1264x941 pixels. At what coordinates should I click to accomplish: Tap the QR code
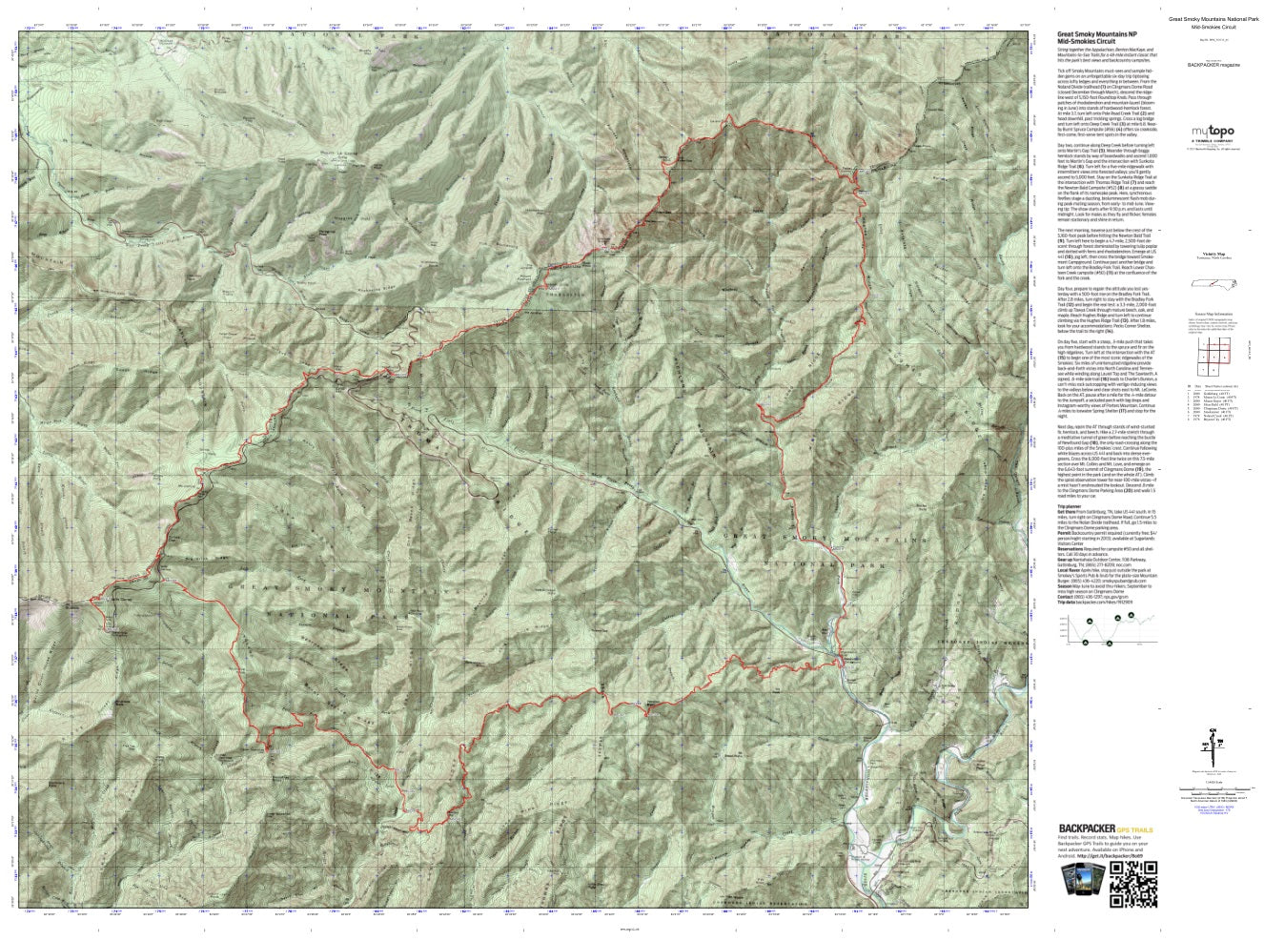pyautogui.click(x=1133, y=878)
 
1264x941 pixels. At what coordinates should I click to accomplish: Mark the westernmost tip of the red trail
pyautogui.click(x=90, y=599)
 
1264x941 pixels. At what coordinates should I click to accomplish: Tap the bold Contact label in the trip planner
pyautogui.click(x=1067, y=596)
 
